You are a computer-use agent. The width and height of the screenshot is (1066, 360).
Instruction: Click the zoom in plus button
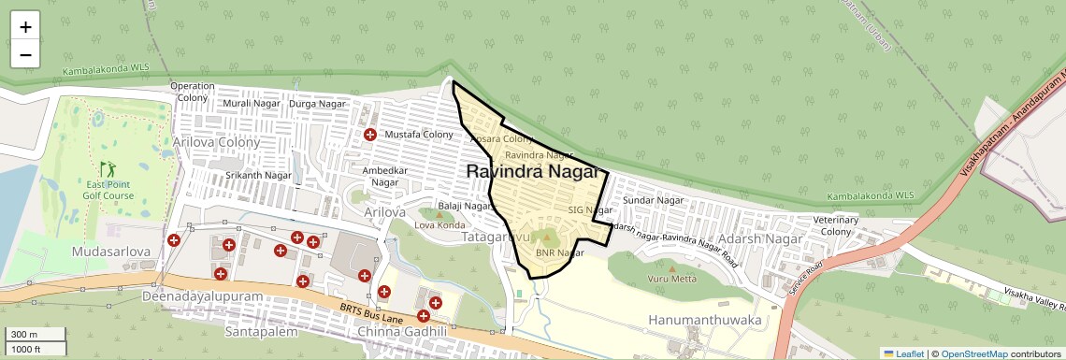pyautogui.click(x=25, y=28)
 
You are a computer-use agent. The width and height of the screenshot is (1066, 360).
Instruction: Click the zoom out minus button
pyautogui.click(x=25, y=54)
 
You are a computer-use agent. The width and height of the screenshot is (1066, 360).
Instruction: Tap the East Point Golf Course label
pyautogui.click(x=105, y=190)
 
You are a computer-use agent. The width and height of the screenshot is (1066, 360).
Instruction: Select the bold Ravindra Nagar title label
pyautogui.click(x=531, y=172)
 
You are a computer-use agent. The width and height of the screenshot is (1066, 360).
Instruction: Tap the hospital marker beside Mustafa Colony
pyautogui.click(x=370, y=136)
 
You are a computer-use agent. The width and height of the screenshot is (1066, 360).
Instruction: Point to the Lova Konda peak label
pyautogui.click(x=439, y=225)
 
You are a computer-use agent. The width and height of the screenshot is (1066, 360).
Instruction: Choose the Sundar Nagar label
pyautogui.click(x=654, y=200)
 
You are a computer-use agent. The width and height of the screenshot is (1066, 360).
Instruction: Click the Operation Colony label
pyautogui.click(x=193, y=92)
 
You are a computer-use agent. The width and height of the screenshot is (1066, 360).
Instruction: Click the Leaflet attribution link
pyautogui.click(x=902, y=353)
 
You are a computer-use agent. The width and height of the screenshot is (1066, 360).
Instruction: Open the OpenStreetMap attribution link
pyautogui.click(x=973, y=353)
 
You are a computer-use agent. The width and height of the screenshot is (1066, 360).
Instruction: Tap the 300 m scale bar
pyautogui.click(x=35, y=335)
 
